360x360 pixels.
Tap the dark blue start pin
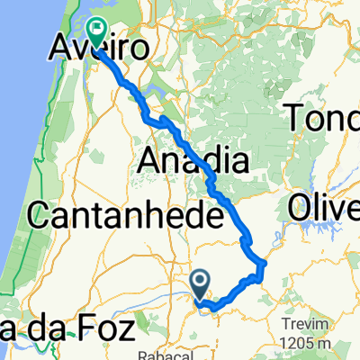[x=201, y=283]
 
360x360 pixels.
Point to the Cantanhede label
[x=126, y=215]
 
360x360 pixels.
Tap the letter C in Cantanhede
[x=42, y=216]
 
